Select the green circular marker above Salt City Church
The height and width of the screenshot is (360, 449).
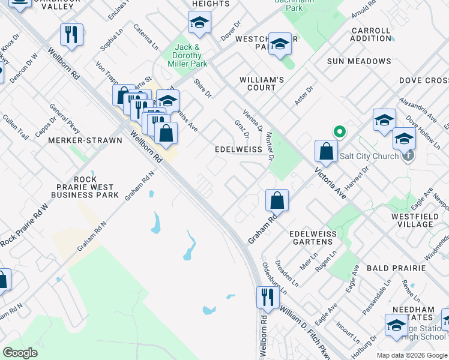[339, 131]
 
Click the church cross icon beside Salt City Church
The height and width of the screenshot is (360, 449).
[408, 156]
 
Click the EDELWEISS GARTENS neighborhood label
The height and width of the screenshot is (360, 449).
[310, 237]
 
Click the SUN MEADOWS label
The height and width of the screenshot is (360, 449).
[359, 61]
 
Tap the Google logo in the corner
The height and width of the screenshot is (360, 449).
[20, 353]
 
